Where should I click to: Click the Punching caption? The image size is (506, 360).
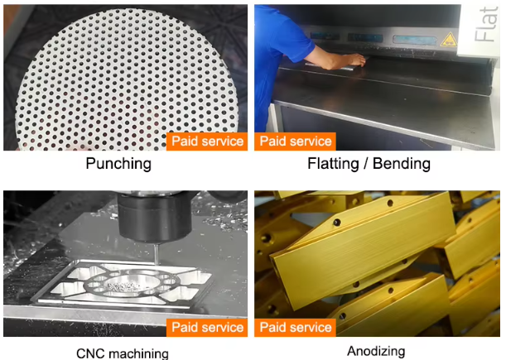tap(118, 164)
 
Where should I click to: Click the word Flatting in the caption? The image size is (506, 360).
tap(333, 163)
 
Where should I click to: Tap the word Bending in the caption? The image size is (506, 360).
tap(402, 163)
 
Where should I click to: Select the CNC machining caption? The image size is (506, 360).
tap(123, 353)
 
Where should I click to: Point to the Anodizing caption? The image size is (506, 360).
tap(376, 351)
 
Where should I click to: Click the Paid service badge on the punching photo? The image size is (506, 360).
tap(207, 142)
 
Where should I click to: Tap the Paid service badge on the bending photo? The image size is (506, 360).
tap(296, 142)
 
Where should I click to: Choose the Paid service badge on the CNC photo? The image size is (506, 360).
tap(207, 328)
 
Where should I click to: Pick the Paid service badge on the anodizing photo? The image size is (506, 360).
tap(296, 328)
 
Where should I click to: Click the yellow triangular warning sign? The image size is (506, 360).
tap(449, 40)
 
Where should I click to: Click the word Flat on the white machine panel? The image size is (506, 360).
tap(485, 24)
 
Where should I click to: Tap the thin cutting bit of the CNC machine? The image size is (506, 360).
tap(157, 254)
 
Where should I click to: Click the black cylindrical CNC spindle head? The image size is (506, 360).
tap(155, 217)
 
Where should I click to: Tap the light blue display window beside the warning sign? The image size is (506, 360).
tap(415, 40)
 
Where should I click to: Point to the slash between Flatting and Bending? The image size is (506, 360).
tap(366, 164)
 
